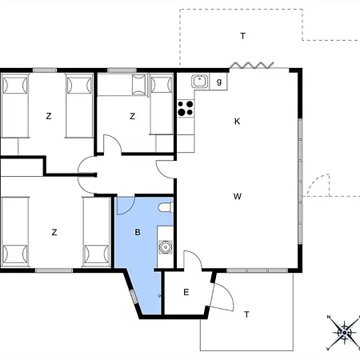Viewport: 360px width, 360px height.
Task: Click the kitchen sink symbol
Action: [x=200, y=81]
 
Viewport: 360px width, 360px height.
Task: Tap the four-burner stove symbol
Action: [x=186, y=108]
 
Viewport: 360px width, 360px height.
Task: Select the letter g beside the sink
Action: [x=219, y=82]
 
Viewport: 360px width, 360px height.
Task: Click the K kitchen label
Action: [x=237, y=122]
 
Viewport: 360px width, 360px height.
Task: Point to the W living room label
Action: [x=238, y=197]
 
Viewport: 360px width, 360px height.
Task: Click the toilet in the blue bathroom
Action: [x=166, y=207]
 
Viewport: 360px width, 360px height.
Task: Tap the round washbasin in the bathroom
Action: [x=166, y=247]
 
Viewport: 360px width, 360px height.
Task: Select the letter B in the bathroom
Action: [x=138, y=232]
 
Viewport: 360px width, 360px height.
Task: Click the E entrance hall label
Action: [x=186, y=292]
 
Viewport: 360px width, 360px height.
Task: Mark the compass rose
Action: [x=344, y=333]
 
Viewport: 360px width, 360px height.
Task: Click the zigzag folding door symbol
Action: [x=251, y=65]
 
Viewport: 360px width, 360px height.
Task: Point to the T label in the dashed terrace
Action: [x=242, y=36]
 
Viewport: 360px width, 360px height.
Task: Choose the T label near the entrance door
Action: [x=246, y=314]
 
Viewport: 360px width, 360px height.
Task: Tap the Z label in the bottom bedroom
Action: [x=54, y=232]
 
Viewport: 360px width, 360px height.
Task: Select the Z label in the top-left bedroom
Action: [x=49, y=116]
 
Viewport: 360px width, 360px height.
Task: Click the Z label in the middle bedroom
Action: [x=132, y=116]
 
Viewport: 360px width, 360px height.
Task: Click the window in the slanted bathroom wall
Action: [x=134, y=297]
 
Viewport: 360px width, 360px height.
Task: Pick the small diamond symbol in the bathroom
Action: [x=159, y=296]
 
